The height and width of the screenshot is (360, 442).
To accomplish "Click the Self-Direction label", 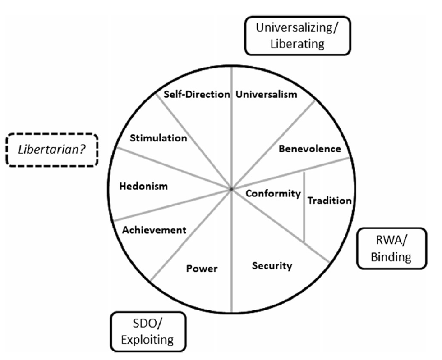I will pyautogui.click(x=197, y=95).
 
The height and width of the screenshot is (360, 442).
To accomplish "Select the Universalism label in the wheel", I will pyautogui.click(x=267, y=95).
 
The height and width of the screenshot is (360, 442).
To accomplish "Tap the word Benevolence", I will pyautogui.click(x=310, y=149).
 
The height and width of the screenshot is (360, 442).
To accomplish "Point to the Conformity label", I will pyautogui.click(x=273, y=193).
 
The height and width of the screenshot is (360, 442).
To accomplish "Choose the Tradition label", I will pyautogui.click(x=329, y=201).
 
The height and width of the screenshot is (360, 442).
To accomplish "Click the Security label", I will pyautogui.click(x=272, y=265).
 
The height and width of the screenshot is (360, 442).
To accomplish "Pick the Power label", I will pyautogui.click(x=202, y=269).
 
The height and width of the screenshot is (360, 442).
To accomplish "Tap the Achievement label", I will pyautogui.click(x=154, y=230).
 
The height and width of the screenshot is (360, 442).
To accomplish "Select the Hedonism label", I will pyautogui.click(x=143, y=186).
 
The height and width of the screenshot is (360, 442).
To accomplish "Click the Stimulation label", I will pyautogui.click(x=158, y=138).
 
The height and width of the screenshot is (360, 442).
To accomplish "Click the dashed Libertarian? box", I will pyautogui.click(x=52, y=150).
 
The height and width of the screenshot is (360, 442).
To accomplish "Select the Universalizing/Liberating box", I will pyautogui.click(x=297, y=36).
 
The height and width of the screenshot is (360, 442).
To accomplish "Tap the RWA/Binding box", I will pyautogui.click(x=391, y=248).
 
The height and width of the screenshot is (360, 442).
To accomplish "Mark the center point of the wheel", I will pyautogui.click(x=231, y=189).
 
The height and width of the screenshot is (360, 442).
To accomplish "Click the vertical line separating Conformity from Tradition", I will pyautogui.click(x=304, y=207).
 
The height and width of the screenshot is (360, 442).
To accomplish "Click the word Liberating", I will pyautogui.click(x=297, y=44).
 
